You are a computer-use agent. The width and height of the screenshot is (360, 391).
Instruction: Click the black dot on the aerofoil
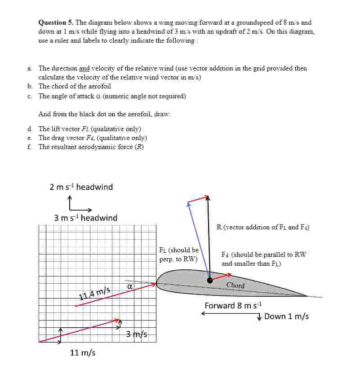pyautogui.click(x=210, y=281)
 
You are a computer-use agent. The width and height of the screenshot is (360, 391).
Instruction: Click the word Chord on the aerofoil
pyautogui.click(x=236, y=286)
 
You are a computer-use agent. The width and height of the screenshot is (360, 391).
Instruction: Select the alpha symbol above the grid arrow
pyautogui.click(x=129, y=286)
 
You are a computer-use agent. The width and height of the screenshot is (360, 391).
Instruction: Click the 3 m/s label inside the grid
pyautogui.click(x=137, y=334)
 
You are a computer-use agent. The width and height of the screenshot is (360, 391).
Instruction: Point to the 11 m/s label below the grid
pyautogui.click(x=83, y=353)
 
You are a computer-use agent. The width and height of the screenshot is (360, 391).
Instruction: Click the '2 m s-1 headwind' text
pyautogui.click(x=81, y=187)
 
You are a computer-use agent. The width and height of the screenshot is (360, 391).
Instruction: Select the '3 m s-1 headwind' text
pyautogui.click(x=86, y=218)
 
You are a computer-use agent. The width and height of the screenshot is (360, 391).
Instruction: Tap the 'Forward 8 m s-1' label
pyautogui.click(x=233, y=306)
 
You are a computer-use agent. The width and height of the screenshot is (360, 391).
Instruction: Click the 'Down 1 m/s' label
pyautogui.click(x=286, y=316)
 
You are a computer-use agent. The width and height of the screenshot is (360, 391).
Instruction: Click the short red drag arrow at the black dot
pyautogui.click(x=221, y=277)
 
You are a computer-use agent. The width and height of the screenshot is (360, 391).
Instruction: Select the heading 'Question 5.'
pyautogui.click(x=56, y=22)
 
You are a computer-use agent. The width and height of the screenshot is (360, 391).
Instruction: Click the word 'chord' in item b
pyautogui.click(x=58, y=86)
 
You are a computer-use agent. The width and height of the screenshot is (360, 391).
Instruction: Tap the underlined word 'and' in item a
pyautogui.click(x=84, y=69)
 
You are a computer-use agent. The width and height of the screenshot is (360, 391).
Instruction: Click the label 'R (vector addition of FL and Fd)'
pyautogui.click(x=263, y=227)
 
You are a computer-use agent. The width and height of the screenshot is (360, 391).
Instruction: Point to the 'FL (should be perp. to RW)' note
pyautogui.click(x=178, y=255)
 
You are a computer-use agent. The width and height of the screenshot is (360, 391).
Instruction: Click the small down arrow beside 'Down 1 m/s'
pyautogui.click(x=259, y=317)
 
